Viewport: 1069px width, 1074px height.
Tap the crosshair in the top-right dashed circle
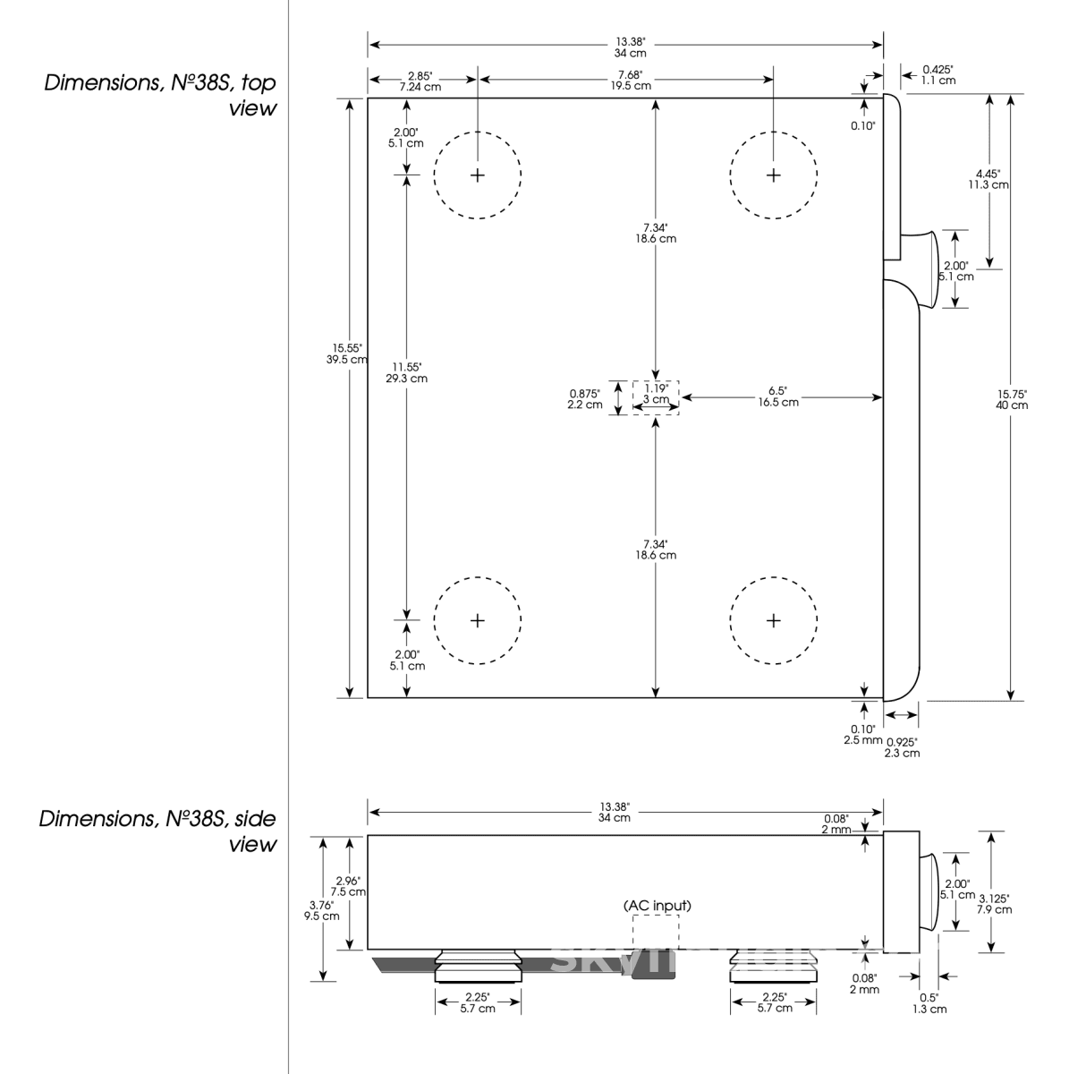(x=773, y=175)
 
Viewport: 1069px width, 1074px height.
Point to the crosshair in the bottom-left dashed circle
(x=477, y=620)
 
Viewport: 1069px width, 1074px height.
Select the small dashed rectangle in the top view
(x=656, y=397)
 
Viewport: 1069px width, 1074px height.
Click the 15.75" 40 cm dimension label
(x=1011, y=399)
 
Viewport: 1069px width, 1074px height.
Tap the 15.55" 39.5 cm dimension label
(x=347, y=354)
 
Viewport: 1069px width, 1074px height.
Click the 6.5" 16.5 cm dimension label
(x=777, y=396)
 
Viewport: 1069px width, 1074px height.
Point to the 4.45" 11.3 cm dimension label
(x=988, y=179)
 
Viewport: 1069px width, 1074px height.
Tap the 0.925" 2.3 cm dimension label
(x=902, y=747)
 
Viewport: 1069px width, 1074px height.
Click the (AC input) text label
(x=657, y=906)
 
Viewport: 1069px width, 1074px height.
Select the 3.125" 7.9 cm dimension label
(x=994, y=904)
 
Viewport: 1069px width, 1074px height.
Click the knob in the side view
(x=929, y=891)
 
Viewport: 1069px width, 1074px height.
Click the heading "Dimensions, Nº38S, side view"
(x=157, y=831)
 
